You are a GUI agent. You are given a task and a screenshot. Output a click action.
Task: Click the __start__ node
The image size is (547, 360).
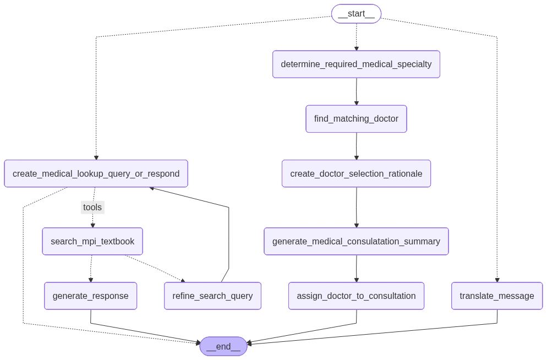pyautogui.click(x=356, y=14)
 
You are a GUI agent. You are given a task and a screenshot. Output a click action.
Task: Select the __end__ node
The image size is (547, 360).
pyautogui.click(x=223, y=346)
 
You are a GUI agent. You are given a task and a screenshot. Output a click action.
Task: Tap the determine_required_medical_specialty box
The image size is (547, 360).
pyautogui.click(x=356, y=64)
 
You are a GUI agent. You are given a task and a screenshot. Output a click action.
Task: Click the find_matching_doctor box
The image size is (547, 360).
pyautogui.click(x=356, y=119)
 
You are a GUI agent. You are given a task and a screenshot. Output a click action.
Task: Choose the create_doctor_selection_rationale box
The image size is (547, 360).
pyautogui.click(x=356, y=174)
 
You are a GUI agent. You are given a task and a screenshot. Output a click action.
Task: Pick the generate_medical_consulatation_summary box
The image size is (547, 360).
pyautogui.click(x=356, y=242)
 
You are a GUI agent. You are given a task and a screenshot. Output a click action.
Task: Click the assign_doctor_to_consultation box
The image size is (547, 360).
pyautogui.click(x=356, y=296)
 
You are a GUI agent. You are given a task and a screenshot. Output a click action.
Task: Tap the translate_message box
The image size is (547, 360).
pyautogui.click(x=497, y=296)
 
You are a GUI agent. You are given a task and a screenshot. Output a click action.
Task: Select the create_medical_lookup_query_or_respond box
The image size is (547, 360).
pyautogui.click(x=96, y=174)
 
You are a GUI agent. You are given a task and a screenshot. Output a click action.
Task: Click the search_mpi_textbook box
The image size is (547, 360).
pyautogui.click(x=92, y=242)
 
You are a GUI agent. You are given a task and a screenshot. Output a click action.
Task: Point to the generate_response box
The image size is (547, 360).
pyautogui.click(x=91, y=296)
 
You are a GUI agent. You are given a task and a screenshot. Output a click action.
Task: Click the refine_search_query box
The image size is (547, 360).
pyautogui.click(x=212, y=296)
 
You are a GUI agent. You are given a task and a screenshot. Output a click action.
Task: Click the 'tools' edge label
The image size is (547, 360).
pyautogui.click(x=92, y=208)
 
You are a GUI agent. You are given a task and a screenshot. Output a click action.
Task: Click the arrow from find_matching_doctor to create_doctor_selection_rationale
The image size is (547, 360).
pyautogui.click(x=356, y=146)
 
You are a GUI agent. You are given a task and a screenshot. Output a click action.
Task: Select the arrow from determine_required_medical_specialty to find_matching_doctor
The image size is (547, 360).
pyautogui.click(x=356, y=91)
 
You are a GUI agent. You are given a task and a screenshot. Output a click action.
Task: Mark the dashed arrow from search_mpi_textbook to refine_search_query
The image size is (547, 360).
pyautogui.click(x=155, y=269)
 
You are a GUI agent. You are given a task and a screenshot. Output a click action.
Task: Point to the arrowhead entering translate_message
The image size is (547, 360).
pyautogui.click(x=497, y=280)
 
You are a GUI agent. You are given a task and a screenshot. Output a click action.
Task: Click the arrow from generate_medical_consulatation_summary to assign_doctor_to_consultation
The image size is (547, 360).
pyautogui.click(x=356, y=269)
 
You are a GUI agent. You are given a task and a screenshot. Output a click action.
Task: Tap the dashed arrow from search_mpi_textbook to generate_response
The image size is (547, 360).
pyautogui.click(x=91, y=269)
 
